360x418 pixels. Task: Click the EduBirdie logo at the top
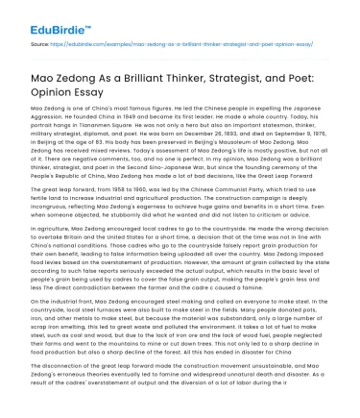coord(43,15)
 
